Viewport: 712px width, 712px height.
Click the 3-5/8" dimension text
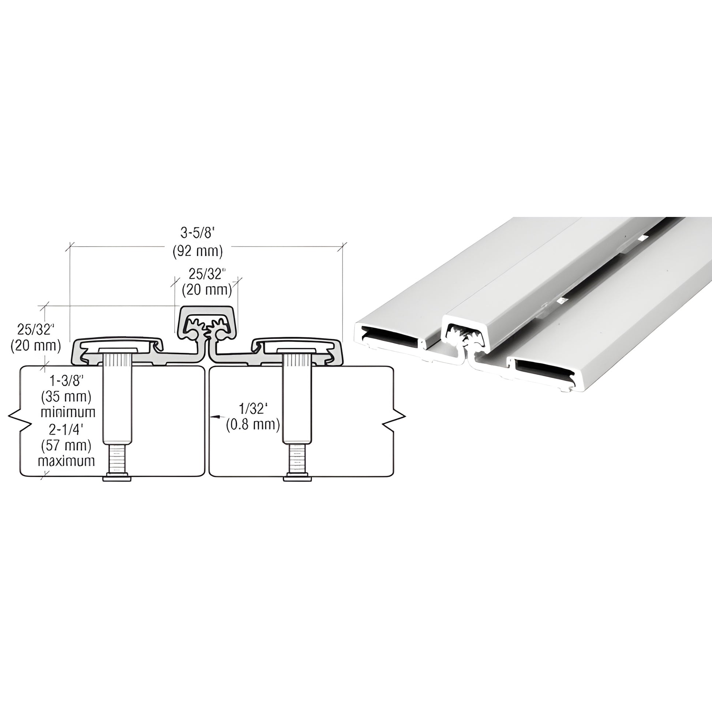click(198, 233)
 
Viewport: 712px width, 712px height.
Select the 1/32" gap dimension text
click(253, 408)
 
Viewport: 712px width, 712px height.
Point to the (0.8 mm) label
click(253, 424)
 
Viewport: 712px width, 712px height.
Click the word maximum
click(66, 461)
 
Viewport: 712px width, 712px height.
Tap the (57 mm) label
click(66, 445)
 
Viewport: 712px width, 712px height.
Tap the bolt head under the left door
click(117, 479)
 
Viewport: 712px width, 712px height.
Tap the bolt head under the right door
click(297, 479)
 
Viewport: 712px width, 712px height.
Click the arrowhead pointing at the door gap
click(215, 417)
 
